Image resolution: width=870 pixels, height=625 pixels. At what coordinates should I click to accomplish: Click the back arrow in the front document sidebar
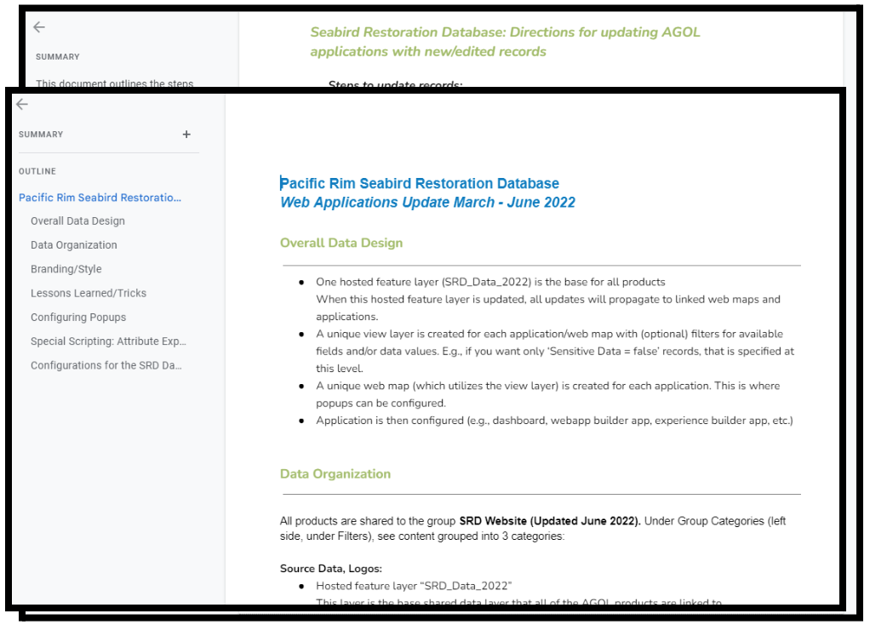[x=22, y=104]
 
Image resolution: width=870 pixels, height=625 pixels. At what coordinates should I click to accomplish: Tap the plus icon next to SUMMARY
[x=186, y=135]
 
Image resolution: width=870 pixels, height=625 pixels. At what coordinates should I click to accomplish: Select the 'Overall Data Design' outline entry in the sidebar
[x=77, y=221]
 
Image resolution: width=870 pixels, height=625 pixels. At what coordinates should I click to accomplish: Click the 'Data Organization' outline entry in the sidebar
[x=74, y=245]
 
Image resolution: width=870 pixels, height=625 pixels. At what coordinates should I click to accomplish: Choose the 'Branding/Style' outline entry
[x=66, y=269]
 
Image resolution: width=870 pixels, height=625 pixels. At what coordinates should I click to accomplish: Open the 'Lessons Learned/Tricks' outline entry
[x=89, y=293]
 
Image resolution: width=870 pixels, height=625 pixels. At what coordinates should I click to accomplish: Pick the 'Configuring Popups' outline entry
[x=78, y=318]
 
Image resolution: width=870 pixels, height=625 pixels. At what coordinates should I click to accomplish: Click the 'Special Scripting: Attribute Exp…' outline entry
[x=108, y=341]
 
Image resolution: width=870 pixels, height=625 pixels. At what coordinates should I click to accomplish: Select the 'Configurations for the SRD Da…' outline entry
[x=106, y=365]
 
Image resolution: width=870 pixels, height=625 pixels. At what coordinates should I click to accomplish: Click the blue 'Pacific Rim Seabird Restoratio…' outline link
[x=100, y=198]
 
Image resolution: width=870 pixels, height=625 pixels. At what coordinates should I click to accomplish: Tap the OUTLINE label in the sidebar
[x=37, y=171]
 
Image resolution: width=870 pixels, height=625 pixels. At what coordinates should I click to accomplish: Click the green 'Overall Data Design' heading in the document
[x=341, y=243]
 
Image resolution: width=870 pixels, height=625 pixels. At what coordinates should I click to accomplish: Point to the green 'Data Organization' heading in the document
[x=335, y=474]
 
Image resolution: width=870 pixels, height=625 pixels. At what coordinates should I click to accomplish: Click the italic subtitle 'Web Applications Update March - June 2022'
[x=427, y=203]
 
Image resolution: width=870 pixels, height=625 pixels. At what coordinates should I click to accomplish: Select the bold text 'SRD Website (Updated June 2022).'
[x=550, y=520]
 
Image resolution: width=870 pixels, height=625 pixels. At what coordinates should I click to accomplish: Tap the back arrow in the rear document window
[x=39, y=27]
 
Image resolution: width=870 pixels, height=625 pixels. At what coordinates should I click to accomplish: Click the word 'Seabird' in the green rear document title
[x=338, y=33]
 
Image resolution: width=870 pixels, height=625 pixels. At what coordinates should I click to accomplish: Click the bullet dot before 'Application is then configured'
[x=301, y=421]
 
